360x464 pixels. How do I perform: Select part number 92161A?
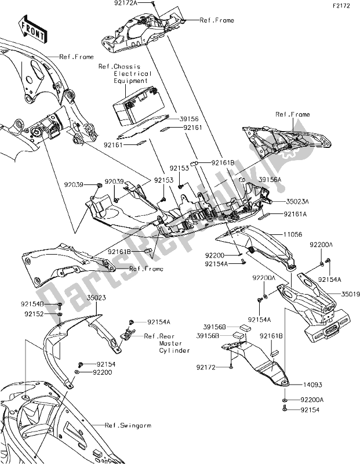[297, 214]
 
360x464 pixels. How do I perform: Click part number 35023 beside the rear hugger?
[96, 297]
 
